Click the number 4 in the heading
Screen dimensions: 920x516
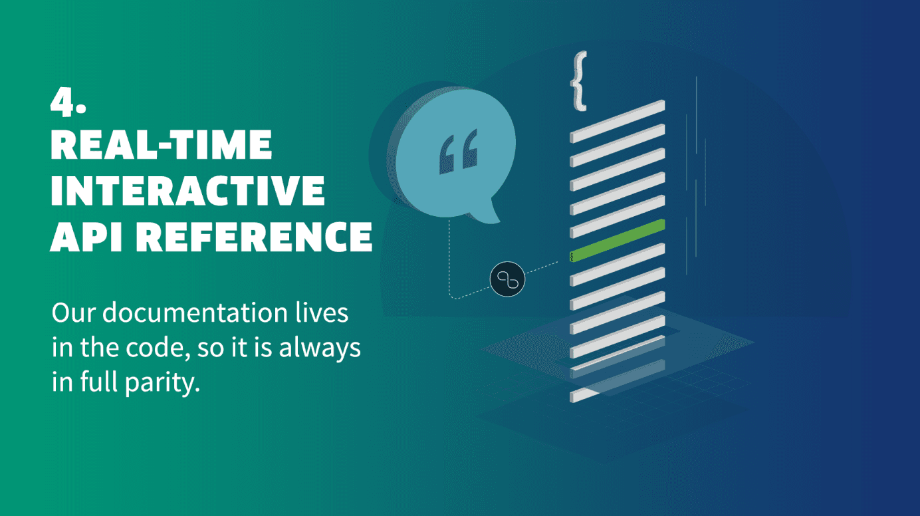[x=63, y=102]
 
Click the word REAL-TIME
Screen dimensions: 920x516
[x=161, y=144]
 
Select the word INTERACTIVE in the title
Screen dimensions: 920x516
[x=187, y=190]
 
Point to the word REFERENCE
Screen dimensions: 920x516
[x=255, y=237]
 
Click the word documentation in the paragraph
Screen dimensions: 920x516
[x=195, y=313]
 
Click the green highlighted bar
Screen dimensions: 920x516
[x=618, y=240]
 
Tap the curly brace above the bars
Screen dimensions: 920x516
[x=579, y=81]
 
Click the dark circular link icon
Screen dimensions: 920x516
[x=507, y=279]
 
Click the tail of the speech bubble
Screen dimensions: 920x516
[x=487, y=211]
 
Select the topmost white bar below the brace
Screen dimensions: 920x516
[x=618, y=121]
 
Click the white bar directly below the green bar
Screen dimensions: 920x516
[x=618, y=264]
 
